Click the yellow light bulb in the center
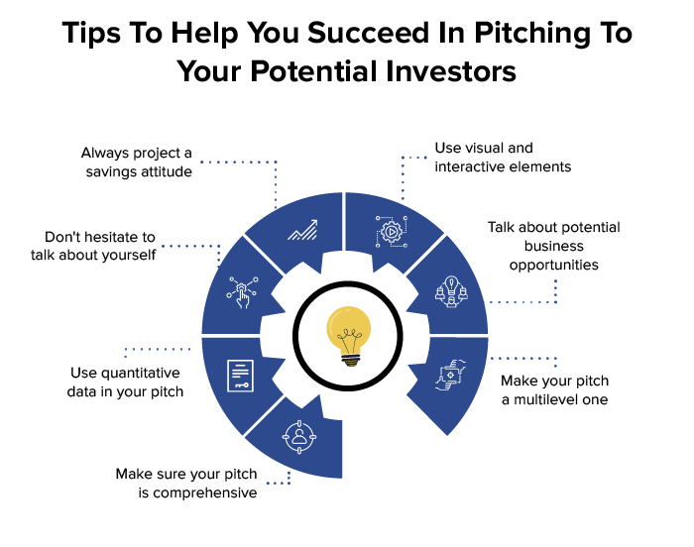(348, 334)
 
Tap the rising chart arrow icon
(301, 231)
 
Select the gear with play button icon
(389, 230)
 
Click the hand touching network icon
(242, 289)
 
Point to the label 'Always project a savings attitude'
(136, 163)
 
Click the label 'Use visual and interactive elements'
(503, 158)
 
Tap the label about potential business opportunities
(553, 246)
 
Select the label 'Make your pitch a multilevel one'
(554, 390)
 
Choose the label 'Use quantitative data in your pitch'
(126, 383)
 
